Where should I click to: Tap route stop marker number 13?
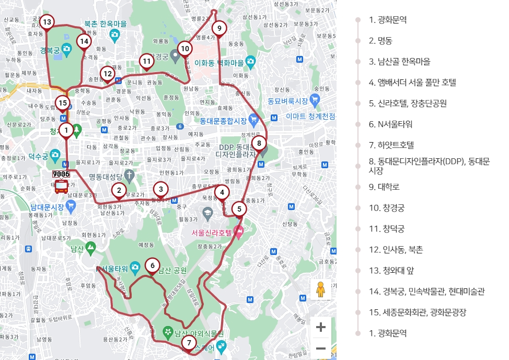click(x=47, y=22)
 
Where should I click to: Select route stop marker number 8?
click(x=259, y=143)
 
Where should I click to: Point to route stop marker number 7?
click(x=189, y=343)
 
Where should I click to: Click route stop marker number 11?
click(x=147, y=61)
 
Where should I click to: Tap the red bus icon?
click(x=61, y=185)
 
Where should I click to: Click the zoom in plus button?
click(x=321, y=328)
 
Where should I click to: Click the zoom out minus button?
click(x=321, y=349)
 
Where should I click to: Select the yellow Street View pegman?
click(x=320, y=289)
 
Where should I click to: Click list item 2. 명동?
click(x=380, y=41)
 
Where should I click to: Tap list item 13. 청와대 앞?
click(x=391, y=271)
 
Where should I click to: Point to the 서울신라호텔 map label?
click(x=207, y=233)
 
